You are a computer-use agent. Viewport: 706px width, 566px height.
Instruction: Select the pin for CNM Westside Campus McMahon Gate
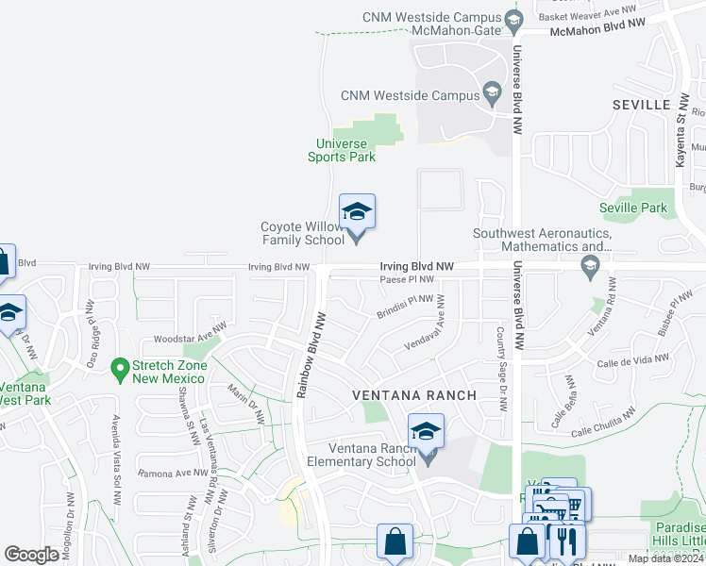513,19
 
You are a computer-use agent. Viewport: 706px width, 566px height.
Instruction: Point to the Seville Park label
632,208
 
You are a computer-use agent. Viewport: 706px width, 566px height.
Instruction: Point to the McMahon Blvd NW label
598,30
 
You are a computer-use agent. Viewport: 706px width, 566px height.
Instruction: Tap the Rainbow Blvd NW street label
310,355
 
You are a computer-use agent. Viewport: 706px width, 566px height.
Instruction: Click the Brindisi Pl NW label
406,307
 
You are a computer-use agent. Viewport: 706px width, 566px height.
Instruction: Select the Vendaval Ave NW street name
436,330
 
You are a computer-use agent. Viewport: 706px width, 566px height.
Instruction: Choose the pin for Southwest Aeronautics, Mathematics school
590,269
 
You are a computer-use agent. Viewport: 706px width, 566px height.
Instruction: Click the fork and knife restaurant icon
567,541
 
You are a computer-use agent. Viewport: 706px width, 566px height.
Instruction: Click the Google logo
32,555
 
